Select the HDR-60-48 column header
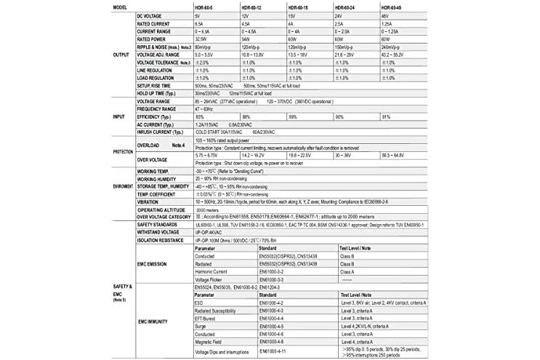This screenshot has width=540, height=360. tap(393, 7)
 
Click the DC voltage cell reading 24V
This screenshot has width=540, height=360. tap(338, 16)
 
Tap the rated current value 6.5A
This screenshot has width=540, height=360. tap(200, 24)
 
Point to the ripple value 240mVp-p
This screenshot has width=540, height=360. tap(393, 47)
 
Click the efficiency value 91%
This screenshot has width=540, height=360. tap(386, 116)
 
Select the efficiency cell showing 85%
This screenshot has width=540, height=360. tap(199, 116)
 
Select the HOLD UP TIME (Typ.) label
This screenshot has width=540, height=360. tap(160, 93)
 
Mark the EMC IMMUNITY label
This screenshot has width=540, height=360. tap(153, 320)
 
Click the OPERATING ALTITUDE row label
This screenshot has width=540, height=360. tap(161, 209)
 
